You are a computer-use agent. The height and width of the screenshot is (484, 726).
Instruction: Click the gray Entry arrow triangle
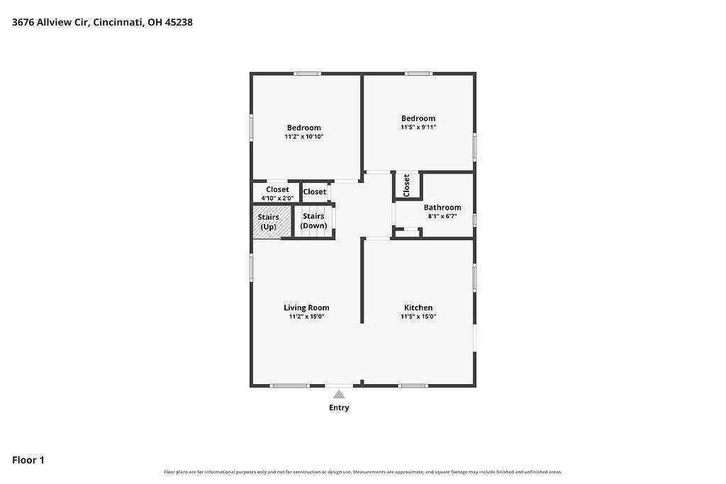tap(339, 394)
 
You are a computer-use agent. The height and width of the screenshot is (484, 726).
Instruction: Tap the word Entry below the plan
tap(339, 407)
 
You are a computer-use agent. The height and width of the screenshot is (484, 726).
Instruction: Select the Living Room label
tap(306, 308)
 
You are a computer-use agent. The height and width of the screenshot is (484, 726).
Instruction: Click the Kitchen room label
tap(418, 308)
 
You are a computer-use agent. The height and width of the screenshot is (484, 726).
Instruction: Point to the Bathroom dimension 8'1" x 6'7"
tap(442, 216)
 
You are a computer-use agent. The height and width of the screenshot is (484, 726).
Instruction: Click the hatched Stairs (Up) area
tap(272, 222)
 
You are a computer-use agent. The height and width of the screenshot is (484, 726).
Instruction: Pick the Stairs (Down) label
tap(313, 220)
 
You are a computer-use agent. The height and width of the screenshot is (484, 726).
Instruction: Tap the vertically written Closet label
tap(406, 185)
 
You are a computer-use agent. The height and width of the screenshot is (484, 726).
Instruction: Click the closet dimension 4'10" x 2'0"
tap(277, 198)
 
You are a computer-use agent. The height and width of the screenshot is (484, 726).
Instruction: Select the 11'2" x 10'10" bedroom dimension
tap(303, 137)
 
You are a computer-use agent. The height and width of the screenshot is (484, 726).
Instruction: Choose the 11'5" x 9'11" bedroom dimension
tap(418, 128)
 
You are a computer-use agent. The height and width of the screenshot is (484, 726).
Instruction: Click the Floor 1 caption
tap(28, 460)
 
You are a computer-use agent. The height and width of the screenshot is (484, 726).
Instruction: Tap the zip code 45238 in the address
tap(179, 22)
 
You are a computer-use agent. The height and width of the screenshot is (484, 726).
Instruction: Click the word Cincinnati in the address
tap(118, 22)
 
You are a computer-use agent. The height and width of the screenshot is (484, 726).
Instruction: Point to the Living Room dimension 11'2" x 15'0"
tap(306, 317)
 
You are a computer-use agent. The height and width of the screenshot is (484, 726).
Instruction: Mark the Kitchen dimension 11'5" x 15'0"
tap(418, 317)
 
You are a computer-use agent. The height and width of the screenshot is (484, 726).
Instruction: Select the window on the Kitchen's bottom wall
tap(413, 385)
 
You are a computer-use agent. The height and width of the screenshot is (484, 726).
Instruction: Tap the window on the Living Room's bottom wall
tap(290, 385)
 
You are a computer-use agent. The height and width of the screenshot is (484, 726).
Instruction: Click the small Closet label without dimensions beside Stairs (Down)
tap(315, 191)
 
